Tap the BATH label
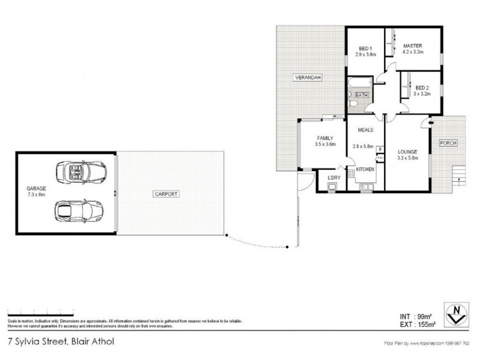[x=361, y=95]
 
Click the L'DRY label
[x=333, y=178]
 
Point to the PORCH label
[x=448, y=142]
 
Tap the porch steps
[x=458, y=174]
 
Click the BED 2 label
[x=422, y=86]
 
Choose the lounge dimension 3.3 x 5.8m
[x=407, y=158]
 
